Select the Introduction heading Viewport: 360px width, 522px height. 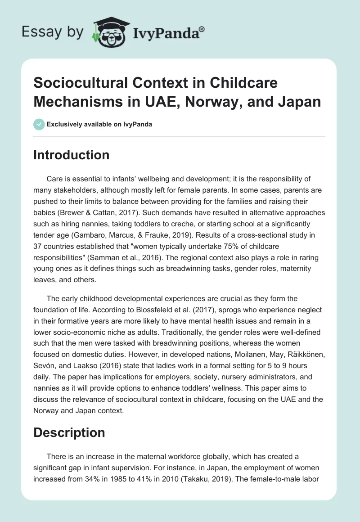72,155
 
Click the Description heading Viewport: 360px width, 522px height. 69,432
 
